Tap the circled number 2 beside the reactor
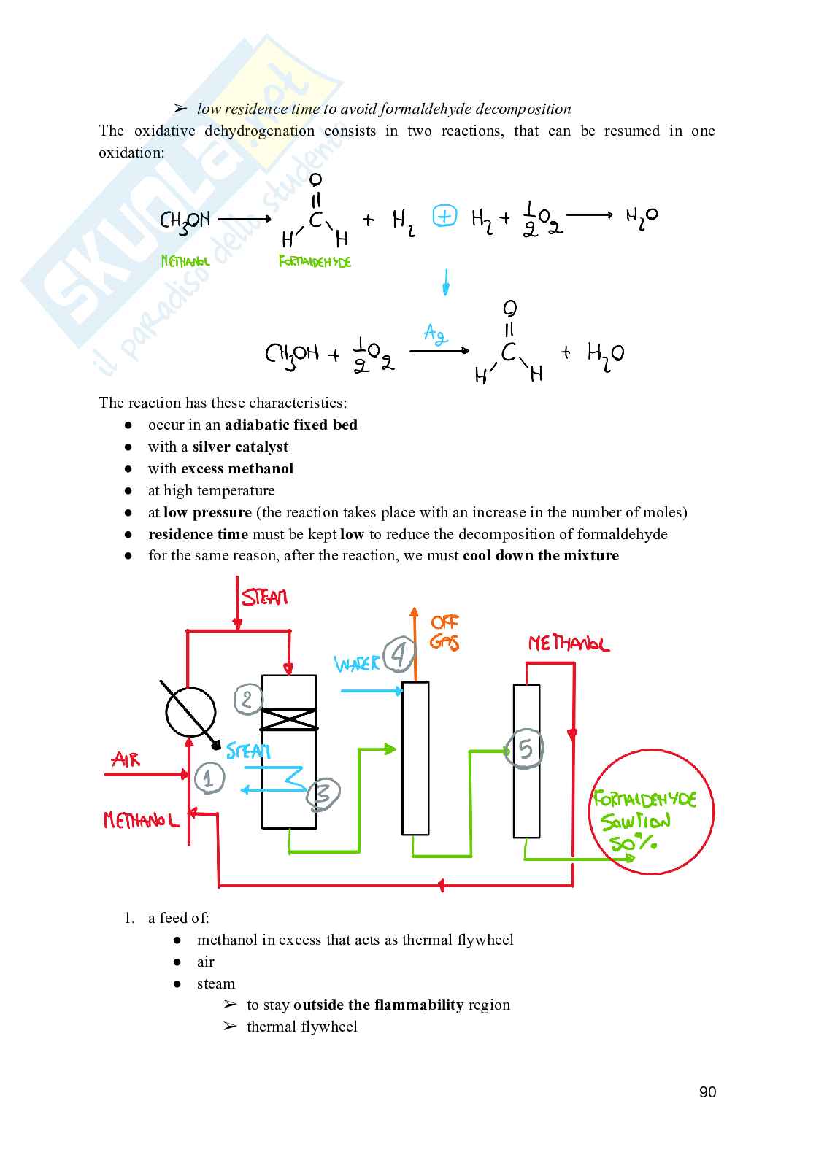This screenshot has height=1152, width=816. tap(247, 700)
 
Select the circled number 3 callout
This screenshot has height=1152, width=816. tap(323, 795)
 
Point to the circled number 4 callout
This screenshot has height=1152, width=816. tap(399, 654)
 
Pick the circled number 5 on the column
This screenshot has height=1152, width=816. tap(526, 749)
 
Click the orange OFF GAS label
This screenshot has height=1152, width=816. tap(444, 632)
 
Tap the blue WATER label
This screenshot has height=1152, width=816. tap(357, 664)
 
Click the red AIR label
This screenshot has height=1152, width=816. tap(126, 760)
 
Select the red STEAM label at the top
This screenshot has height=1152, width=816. tap(265, 598)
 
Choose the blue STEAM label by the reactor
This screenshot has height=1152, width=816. tap(248, 751)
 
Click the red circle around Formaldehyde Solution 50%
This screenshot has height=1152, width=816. tap(651, 811)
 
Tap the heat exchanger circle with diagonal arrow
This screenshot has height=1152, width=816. tap(190, 713)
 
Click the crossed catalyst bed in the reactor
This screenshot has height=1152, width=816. tap(289, 719)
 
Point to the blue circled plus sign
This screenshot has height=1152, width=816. tap(444, 216)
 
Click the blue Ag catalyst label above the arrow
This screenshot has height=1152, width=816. tap(435, 335)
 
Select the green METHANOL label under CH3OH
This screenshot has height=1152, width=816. tap(185, 261)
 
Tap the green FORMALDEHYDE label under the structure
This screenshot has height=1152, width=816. tap(315, 261)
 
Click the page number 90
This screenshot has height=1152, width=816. tap(707, 1092)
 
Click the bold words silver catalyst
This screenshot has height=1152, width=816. tap(240, 447)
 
